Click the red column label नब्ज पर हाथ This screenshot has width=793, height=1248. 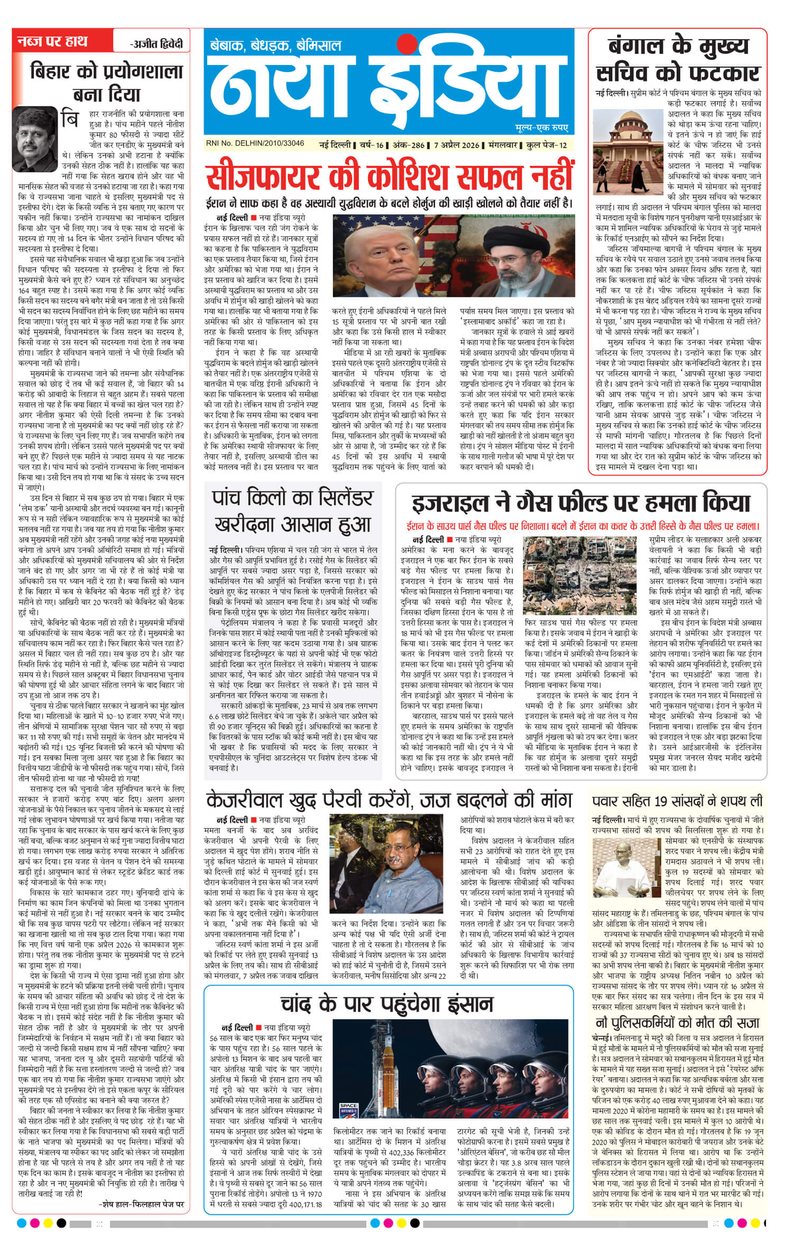point(52,41)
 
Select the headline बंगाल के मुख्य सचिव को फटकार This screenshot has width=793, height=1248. point(678,59)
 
